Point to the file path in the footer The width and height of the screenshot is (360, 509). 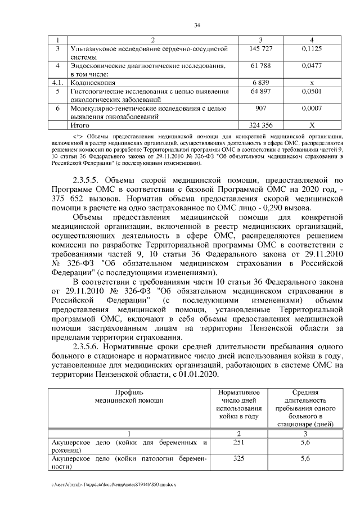(x=110, y=484)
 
